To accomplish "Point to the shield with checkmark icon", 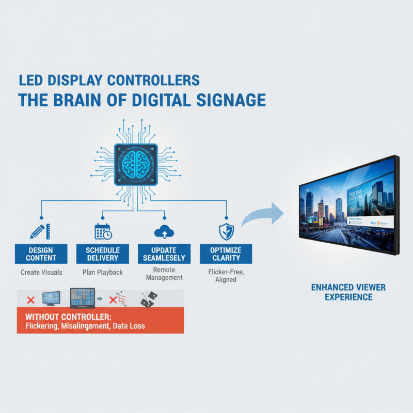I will [226, 231].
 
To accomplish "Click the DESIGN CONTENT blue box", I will [41, 254].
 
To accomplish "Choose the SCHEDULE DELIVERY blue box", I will [103, 254].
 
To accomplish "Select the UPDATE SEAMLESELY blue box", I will [164, 254].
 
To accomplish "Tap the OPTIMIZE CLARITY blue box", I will [226, 254].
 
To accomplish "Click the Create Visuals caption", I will [41, 272].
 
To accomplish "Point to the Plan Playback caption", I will [103, 272].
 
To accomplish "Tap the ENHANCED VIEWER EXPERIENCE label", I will [348, 292].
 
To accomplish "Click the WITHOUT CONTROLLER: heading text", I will [68, 316].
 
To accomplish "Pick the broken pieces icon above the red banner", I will [149, 299].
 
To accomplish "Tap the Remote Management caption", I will [164, 274].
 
